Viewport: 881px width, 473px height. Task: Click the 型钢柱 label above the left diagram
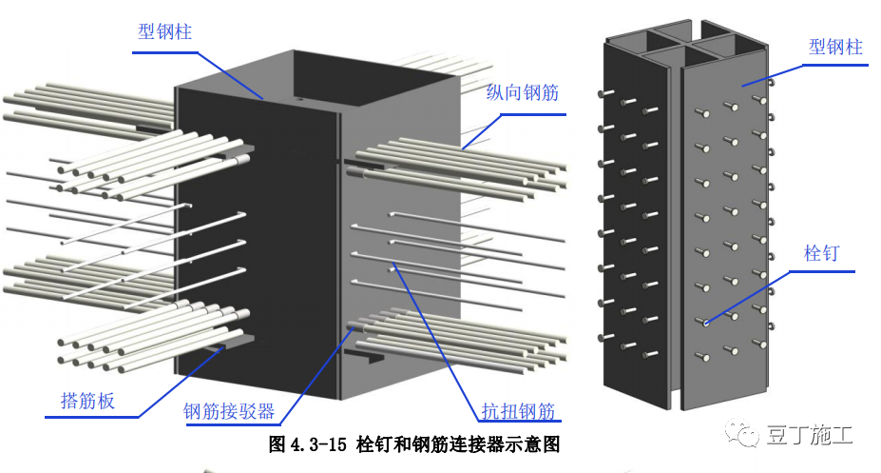pyautogui.click(x=164, y=32)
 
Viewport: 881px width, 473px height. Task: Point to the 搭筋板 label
pyautogui.click(x=81, y=401)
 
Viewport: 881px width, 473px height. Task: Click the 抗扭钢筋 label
pyautogui.click(x=517, y=411)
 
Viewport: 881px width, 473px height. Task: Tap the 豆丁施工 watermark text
pyautogui.click(x=810, y=435)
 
